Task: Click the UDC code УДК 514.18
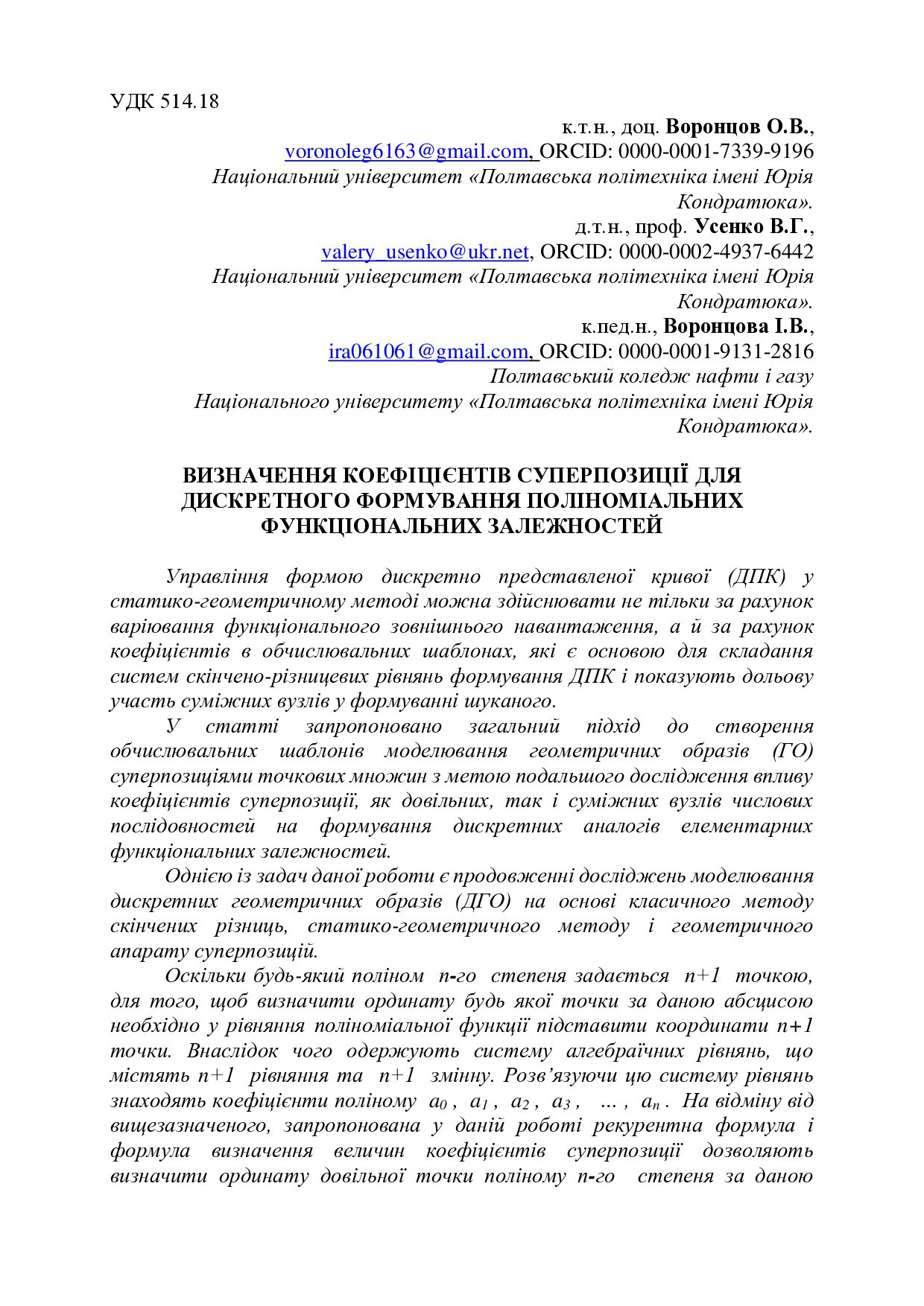165,101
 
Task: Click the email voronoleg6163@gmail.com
406,152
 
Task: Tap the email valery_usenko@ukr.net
425,252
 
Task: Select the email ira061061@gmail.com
428,351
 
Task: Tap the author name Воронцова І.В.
736,326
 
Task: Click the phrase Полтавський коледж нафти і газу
651,377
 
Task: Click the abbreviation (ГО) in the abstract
792,751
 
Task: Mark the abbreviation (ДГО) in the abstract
483,902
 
